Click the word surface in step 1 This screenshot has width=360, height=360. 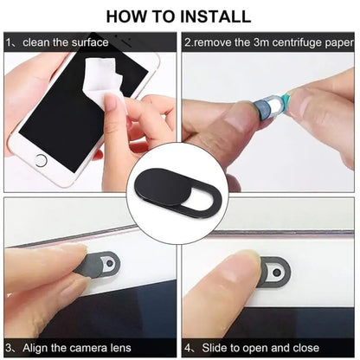87,42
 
